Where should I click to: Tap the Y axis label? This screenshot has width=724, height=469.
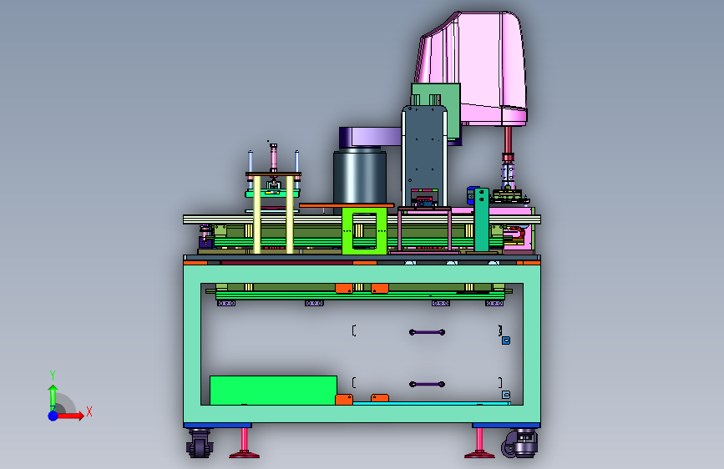(53, 375)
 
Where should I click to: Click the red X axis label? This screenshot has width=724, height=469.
(89, 411)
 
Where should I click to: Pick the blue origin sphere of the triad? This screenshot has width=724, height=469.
(53, 416)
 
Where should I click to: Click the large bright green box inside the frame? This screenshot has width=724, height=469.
(273, 390)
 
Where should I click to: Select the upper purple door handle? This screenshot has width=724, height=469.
(427, 332)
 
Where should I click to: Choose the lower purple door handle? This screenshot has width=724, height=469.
(427, 384)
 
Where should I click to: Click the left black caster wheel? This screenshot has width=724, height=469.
(200, 444)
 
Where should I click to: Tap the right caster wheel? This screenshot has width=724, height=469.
(520, 444)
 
